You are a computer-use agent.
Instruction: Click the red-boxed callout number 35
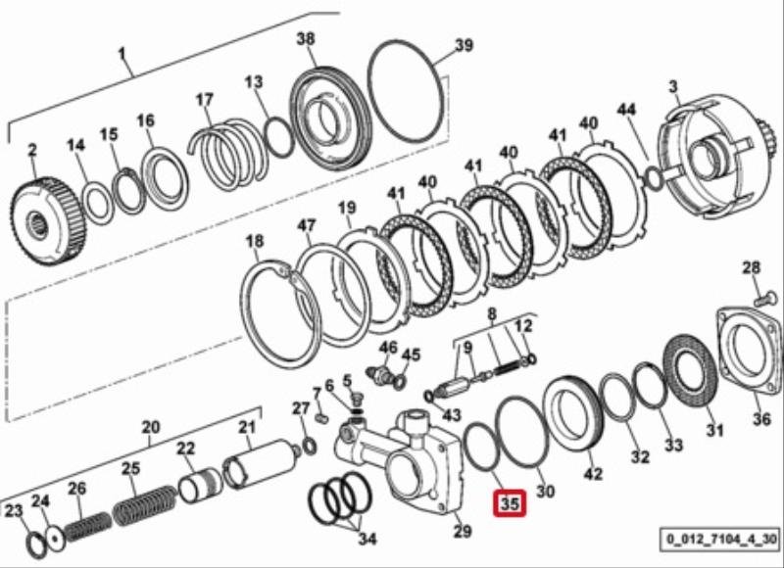click(x=510, y=503)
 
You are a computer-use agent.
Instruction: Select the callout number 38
click(x=306, y=38)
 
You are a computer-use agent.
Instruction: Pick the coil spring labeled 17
click(x=227, y=154)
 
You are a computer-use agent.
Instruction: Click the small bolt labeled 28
click(x=765, y=301)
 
